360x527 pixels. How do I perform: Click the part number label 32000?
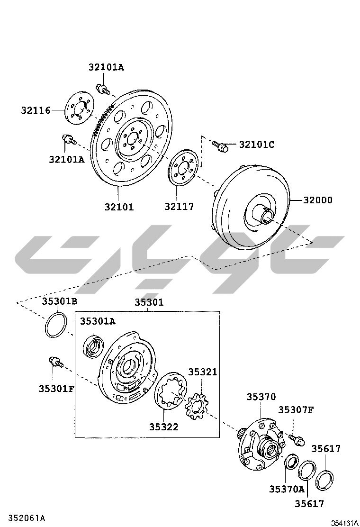pyautogui.click(x=318, y=200)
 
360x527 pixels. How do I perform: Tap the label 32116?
pyautogui.click(x=36, y=110)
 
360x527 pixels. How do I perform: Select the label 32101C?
pyautogui.click(x=257, y=145)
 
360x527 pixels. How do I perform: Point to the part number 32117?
pyautogui.click(x=179, y=206)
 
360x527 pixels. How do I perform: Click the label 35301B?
pyautogui.click(x=59, y=301)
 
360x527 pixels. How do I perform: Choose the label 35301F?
pyautogui.click(x=56, y=389)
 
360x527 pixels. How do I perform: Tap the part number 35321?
pyautogui.click(x=203, y=372)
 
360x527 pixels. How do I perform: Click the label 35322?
pyautogui.click(x=163, y=427)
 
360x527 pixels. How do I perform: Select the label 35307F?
pyautogui.click(x=296, y=410)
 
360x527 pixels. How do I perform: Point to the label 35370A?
pyautogui.click(x=287, y=489)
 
